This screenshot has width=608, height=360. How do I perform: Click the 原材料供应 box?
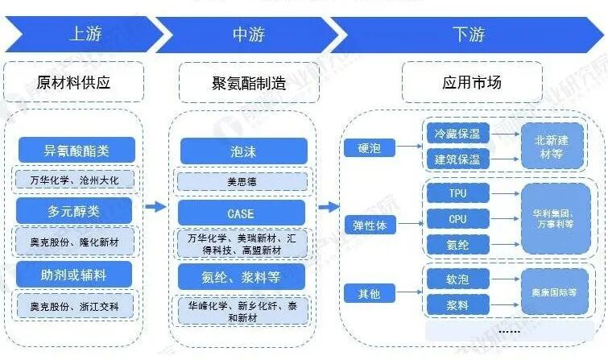[x=73, y=81]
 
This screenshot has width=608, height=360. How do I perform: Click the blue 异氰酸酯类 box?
[x=75, y=150]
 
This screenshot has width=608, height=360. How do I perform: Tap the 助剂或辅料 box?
[x=75, y=275]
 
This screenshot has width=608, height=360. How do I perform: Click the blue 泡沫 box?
[x=242, y=150]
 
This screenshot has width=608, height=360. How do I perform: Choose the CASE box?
[x=242, y=213]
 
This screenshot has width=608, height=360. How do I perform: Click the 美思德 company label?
[x=242, y=182]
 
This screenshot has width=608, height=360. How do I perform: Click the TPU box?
[x=456, y=193]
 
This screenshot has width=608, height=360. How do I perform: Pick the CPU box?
[x=456, y=218]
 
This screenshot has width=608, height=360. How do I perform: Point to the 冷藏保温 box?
[x=456, y=132]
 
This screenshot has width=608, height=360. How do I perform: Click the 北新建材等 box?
[x=552, y=146]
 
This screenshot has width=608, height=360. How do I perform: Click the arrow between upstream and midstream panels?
[x=155, y=207]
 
